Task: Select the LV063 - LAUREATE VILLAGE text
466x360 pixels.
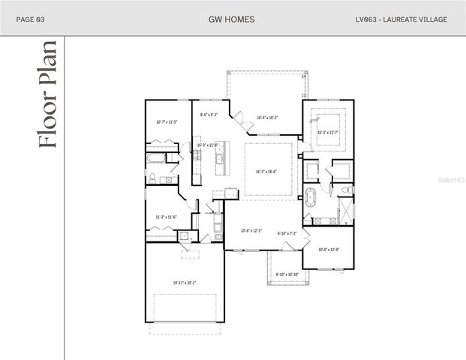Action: [x=401, y=19]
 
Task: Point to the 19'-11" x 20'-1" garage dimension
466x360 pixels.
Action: [x=183, y=283]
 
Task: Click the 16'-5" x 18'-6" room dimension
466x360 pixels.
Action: [x=266, y=172]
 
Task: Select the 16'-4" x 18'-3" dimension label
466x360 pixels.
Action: [x=268, y=118]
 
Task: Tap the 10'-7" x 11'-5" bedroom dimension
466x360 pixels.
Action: [x=166, y=121]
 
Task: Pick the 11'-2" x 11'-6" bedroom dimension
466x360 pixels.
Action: [x=166, y=217]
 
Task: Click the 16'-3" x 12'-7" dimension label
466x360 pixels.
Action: [x=328, y=133]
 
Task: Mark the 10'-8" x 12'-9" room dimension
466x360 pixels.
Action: [x=328, y=249]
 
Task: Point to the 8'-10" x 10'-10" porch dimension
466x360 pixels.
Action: [x=287, y=274]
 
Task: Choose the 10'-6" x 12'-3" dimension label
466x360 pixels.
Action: [x=250, y=231]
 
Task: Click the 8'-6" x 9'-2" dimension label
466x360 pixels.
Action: [x=209, y=115]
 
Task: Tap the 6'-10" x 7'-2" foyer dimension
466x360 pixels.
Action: [x=287, y=233]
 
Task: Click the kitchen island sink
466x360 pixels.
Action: [x=220, y=159]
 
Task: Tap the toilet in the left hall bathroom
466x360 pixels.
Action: [x=152, y=178]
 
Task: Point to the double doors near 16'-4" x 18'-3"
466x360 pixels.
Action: [x=242, y=118]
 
